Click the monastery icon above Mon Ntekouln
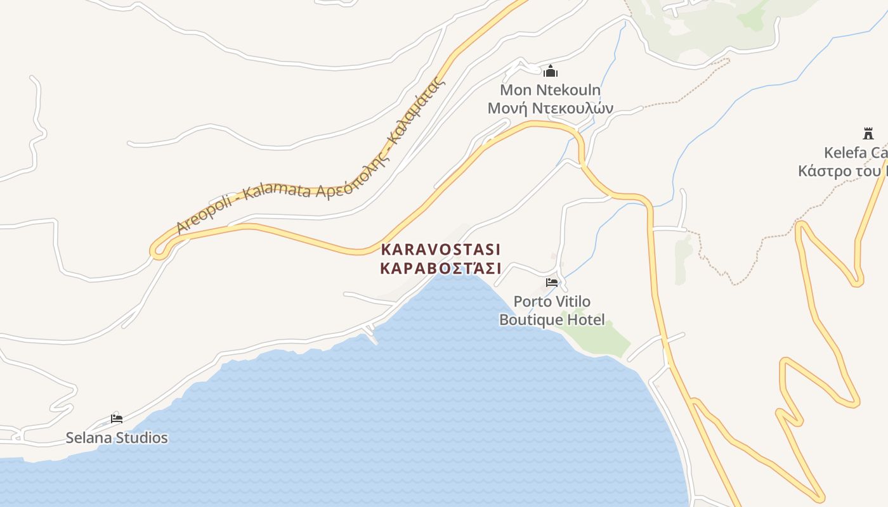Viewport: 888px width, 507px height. [x=551, y=71]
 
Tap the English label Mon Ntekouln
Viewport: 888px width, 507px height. [x=550, y=90]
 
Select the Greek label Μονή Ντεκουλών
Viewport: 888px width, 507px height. [x=550, y=108]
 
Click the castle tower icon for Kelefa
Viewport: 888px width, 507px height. [x=868, y=134]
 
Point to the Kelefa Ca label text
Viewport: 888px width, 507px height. [x=855, y=153]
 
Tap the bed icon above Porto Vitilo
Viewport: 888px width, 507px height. [x=552, y=283]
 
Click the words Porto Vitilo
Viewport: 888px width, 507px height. [x=552, y=301]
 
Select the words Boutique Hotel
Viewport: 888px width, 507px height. [x=552, y=319]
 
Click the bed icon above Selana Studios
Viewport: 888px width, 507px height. [x=116, y=418]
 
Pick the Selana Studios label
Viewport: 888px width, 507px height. [x=117, y=438]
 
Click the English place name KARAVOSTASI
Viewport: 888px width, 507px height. [x=441, y=249]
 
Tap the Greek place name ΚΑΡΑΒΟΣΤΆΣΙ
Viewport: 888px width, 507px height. [x=441, y=268]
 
